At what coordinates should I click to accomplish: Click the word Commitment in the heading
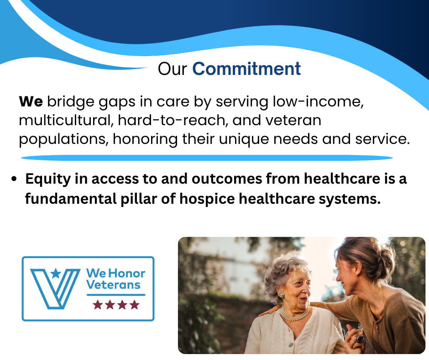[246, 69]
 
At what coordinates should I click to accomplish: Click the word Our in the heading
[173, 69]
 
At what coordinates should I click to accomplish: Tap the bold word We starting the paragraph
[31, 101]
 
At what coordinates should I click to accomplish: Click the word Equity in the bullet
[48, 179]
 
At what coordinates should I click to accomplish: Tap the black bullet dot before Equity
[14, 179]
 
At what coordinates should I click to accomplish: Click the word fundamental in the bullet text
[71, 199]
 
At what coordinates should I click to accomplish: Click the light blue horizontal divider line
[207, 158]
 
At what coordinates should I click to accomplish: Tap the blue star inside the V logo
[56, 273]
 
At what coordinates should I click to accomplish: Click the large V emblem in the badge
[55, 289]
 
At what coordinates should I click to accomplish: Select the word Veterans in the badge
[113, 285]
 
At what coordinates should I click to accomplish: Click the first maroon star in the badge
[98, 305]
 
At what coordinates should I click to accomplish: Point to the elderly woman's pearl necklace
[295, 315]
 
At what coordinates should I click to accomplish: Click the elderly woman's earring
[281, 295]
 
